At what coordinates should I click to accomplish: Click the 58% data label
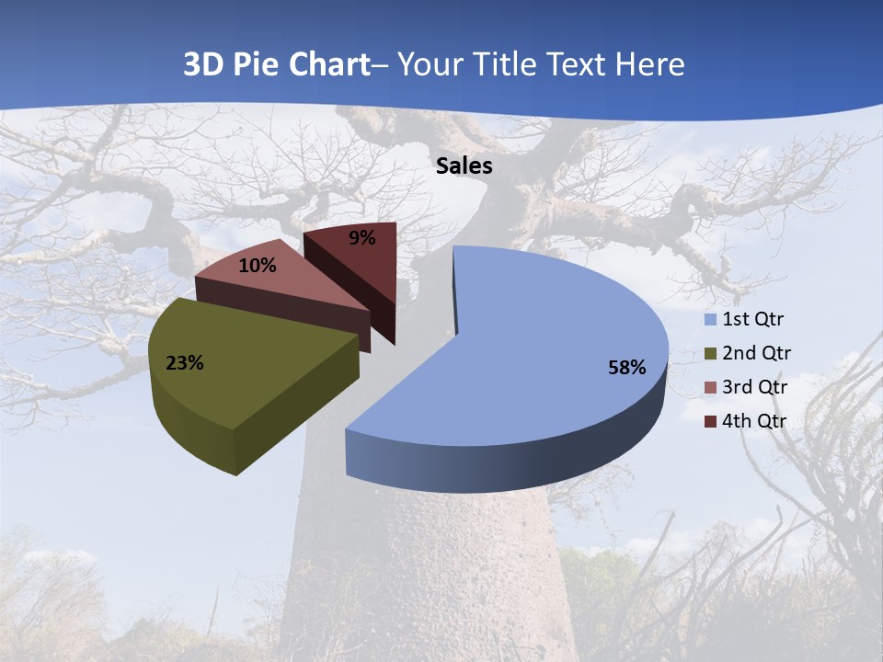[x=627, y=368]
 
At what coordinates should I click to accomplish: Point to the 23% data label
[x=185, y=363]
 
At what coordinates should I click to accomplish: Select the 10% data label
[x=258, y=266]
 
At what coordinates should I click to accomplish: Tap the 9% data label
[x=362, y=238]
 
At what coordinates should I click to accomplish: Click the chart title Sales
[x=464, y=166]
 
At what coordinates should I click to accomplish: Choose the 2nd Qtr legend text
[x=756, y=353]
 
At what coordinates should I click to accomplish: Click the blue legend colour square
[x=710, y=320]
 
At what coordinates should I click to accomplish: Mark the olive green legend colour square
[x=710, y=354]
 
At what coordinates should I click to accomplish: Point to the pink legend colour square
[x=710, y=388]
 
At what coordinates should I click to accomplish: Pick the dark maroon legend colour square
[x=710, y=422]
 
